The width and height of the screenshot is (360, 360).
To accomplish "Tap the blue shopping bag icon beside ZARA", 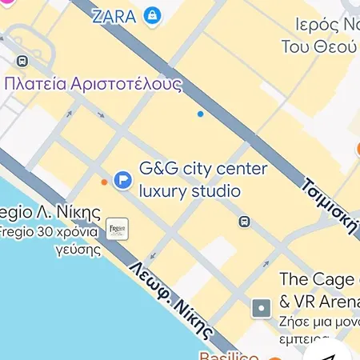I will pyautogui.click(x=152, y=15).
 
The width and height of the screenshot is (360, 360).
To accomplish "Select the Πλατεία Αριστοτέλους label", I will pyautogui.click(x=93, y=83).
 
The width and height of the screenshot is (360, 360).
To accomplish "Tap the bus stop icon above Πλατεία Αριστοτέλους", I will pyautogui.click(x=22, y=60).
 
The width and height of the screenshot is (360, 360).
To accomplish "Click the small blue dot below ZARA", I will pyautogui.click(x=200, y=114).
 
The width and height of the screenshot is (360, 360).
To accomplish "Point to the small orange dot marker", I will pyautogui.click(x=104, y=182).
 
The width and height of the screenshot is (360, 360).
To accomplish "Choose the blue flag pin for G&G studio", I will pyautogui.click(x=122, y=181).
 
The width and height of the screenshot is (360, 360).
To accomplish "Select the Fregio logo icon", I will pyautogui.click(x=118, y=228).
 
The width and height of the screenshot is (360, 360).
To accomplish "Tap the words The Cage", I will pyautogui.click(x=315, y=280).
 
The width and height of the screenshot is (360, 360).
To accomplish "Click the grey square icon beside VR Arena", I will pyautogui.click(x=261, y=307).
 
